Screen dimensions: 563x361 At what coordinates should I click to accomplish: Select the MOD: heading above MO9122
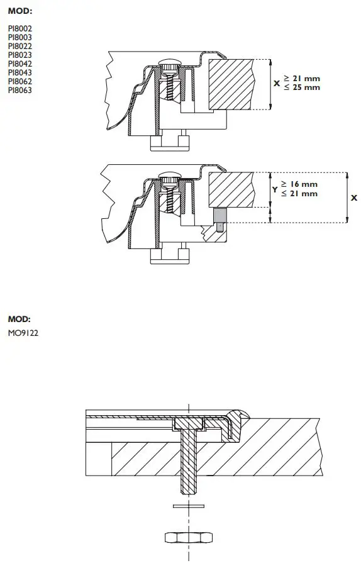point(19,319)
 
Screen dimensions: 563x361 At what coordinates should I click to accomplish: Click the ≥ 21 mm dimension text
point(301,78)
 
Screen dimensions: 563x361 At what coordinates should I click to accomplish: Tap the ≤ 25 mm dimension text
point(301,87)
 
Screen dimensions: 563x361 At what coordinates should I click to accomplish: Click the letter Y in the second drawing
point(274,189)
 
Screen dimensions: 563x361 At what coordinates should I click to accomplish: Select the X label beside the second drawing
point(353,198)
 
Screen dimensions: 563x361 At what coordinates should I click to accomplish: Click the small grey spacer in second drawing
point(219,218)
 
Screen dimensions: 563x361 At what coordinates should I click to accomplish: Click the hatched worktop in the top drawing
point(230,83)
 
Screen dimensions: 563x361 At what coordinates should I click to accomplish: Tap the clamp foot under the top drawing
point(169,143)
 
